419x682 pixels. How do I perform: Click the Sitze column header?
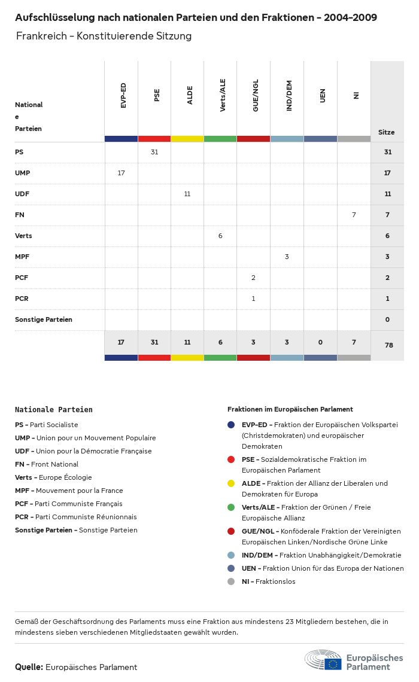tap(387, 132)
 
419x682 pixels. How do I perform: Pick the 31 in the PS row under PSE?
tap(154, 152)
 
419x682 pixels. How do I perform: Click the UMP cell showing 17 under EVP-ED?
tap(121, 173)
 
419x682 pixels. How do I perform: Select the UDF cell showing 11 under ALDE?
tap(187, 194)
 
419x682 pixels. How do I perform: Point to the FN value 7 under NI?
tap(354, 214)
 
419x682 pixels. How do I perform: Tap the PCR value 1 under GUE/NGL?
tap(253, 298)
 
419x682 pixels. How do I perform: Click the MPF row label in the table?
tap(22, 257)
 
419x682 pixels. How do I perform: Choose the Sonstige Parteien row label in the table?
tap(44, 319)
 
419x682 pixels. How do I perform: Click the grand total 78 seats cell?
tap(387, 345)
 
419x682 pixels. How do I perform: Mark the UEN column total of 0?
tap(320, 342)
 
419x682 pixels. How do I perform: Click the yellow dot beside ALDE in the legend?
tap(231, 483)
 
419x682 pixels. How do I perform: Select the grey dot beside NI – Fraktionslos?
tap(231, 581)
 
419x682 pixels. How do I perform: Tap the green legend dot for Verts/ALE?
tap(231, 507)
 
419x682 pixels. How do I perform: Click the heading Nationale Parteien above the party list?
tap(54, 410)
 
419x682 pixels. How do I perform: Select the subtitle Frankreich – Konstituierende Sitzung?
tap(104, 36)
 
